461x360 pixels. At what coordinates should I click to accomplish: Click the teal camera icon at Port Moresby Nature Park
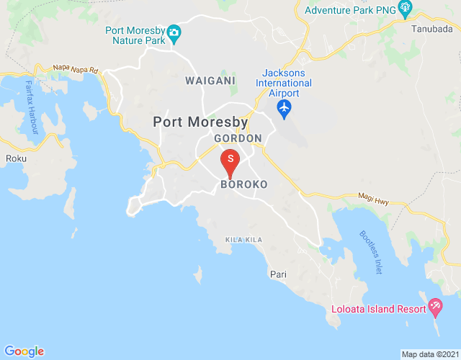point(174,32)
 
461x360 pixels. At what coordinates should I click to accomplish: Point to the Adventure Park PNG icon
point(404,9)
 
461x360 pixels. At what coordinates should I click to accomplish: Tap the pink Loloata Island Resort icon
point(435,307)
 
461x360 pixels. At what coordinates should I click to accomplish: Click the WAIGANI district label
point(210,81)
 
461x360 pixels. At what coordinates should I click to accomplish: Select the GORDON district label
point(237,138)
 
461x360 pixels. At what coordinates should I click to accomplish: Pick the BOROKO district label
point(243,184)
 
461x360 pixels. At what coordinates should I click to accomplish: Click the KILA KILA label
point(243,239)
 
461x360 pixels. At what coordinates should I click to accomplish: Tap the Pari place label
point(277,274)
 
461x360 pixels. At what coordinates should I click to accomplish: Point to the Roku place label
point(15,158)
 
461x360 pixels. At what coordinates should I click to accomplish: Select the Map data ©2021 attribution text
point(429,354)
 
